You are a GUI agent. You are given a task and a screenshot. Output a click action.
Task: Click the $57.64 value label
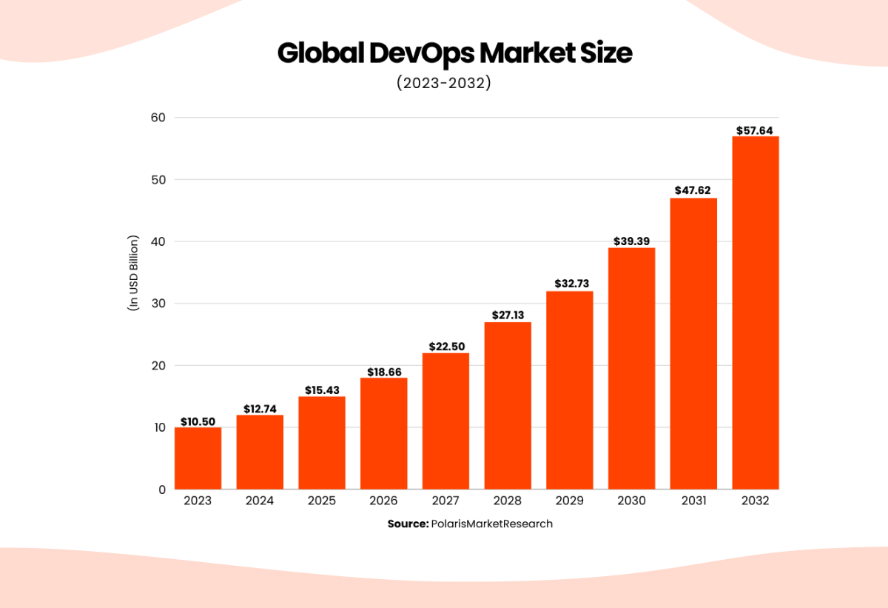[755, 130]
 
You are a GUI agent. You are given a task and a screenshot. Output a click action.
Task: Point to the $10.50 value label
[198, 421]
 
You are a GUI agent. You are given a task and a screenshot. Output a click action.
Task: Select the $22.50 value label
[445, 347]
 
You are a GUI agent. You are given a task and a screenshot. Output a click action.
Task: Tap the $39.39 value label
[631, 241]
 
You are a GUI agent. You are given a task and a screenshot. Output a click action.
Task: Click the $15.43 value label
[321, 390]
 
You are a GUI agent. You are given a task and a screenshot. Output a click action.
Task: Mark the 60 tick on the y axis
[158, 118]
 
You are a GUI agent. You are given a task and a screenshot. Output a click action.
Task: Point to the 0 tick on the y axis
[161, 490]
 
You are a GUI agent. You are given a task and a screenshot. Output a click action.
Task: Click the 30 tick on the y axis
[158, 304]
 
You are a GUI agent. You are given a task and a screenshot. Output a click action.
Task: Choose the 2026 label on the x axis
[383, 501]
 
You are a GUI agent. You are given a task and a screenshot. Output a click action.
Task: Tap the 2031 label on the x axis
[693, 501]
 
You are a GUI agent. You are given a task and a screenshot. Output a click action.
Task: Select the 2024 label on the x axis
[259, 501]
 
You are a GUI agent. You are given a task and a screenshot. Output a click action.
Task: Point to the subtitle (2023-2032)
[443, 83]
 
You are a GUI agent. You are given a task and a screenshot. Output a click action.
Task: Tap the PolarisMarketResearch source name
[491, 524]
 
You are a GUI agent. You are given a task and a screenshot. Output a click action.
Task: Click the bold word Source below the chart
[407, 524]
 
